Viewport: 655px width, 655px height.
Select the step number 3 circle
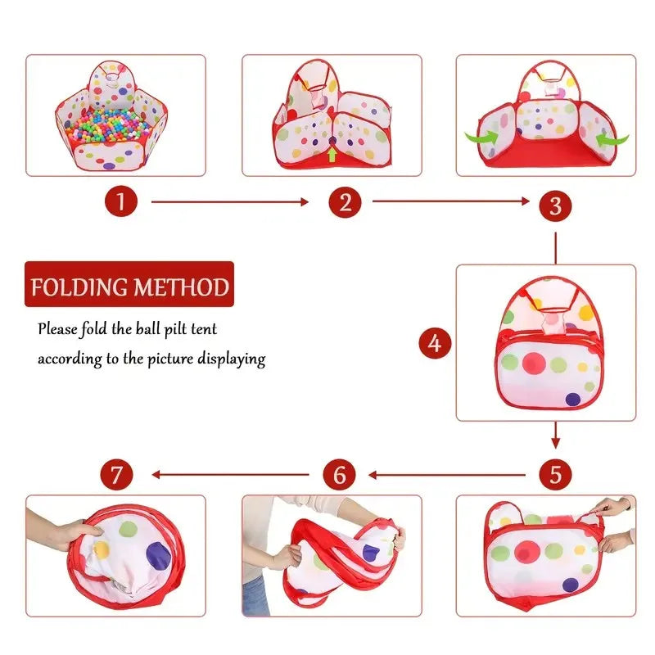click(555, 206)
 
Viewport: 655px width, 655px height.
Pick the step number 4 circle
click(435, 343)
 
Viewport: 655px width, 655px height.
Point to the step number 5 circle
click(555, 474)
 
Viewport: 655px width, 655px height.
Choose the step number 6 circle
click(339, 474)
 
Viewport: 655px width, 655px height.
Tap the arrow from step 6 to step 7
click(229, 474)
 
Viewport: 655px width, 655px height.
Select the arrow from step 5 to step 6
click(446, 474)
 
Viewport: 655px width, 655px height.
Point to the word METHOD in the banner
click(182, 287)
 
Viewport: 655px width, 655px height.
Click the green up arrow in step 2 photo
click(331, 152)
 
